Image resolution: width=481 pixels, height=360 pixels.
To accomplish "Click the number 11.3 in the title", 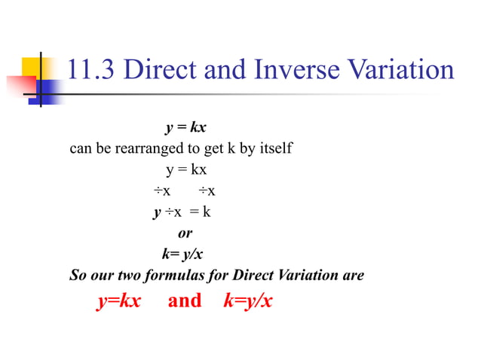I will pyautogui.click(x=91, y=70).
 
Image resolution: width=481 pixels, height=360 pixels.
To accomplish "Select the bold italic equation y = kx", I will pyautogui.click(x=186, y=127).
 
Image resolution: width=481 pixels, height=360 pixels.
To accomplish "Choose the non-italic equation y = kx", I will pyautogui.click(x=186, y=169).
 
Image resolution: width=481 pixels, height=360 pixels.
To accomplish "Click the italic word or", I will pyautogui.click(x=185, y=233).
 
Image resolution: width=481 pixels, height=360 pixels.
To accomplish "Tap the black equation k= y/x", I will pyautogui.click(x=182, y=254).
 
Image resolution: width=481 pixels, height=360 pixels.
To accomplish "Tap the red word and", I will pyautogui.click(x=185, y=301).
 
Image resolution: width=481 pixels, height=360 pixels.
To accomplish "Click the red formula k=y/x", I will pyautogui.click(x=248, y=301).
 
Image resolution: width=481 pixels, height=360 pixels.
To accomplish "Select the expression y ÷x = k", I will pyautogui.click(x=182, y=212).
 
